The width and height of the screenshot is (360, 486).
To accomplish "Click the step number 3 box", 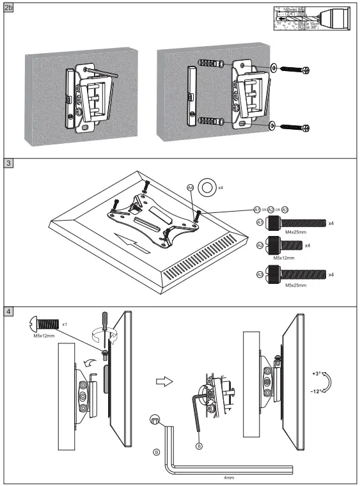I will click(8, 163).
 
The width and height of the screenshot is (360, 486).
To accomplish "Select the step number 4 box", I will click(8, 312).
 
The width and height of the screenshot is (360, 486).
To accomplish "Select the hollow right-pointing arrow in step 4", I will click(165, 382).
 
